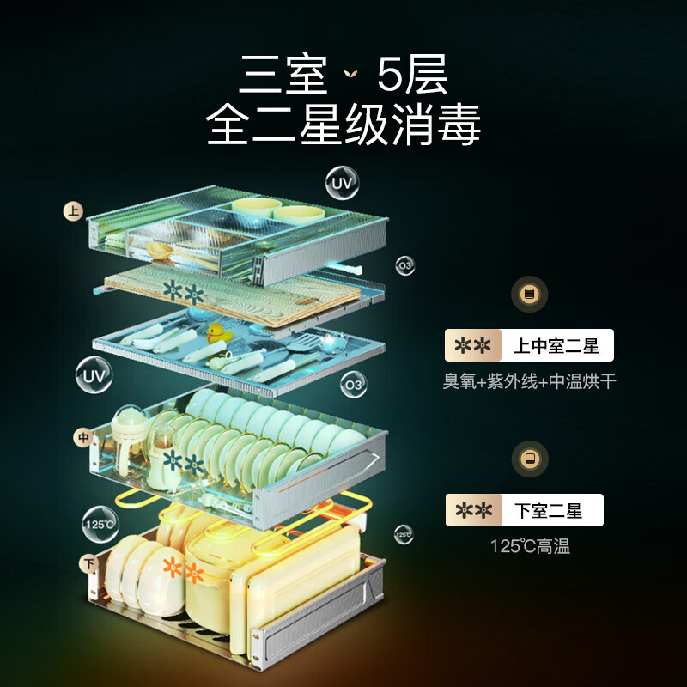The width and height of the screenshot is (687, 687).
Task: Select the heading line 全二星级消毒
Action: (343, 126)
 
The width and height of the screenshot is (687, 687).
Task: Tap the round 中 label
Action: (83, 438)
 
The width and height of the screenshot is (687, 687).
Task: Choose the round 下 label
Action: (88, 564)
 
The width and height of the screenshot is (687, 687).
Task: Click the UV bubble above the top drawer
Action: (342, 183)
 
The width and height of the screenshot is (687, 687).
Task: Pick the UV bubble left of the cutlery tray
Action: (94, 375)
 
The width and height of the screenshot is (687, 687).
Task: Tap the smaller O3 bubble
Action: (404, 266)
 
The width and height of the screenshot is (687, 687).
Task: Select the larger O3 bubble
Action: (353, 385)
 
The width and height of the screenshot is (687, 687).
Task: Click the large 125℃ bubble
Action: (100, 523)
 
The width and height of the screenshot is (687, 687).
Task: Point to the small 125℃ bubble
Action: (404, 534)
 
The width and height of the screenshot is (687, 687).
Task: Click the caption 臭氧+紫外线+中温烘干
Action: (529, 381)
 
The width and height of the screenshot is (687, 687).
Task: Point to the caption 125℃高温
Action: (530, 545)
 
